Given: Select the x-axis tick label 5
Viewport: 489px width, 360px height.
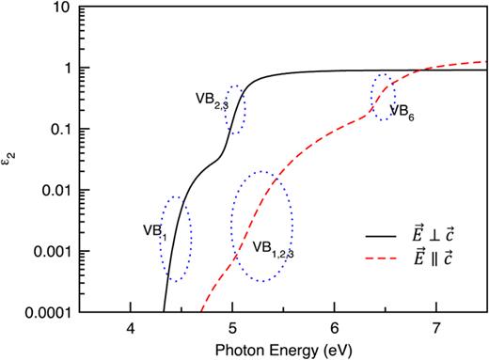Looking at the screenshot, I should pyautogui.click(x=233, y=327).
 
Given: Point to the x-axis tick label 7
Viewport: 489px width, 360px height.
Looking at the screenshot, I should pyautogui.click(x=436, y=327).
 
